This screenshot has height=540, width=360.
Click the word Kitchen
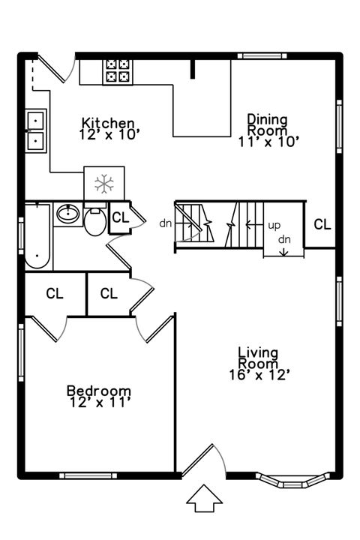click(109, 123)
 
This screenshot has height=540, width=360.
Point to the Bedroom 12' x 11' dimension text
click(98, 403)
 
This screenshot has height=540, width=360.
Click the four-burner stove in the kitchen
click(116, 70)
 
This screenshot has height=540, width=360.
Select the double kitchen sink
click(34, 130)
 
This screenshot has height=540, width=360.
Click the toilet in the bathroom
click(95, 221)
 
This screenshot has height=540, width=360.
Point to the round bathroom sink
click(68, 215)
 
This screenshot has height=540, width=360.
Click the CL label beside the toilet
click(119, 218)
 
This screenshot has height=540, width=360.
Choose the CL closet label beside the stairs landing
click(322, 224)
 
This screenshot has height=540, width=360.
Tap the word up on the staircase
click(274, 225)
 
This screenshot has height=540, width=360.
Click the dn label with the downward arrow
click(284, 244)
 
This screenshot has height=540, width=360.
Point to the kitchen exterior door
click(54, 67)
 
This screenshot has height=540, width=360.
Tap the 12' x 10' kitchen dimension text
click(109, 135)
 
